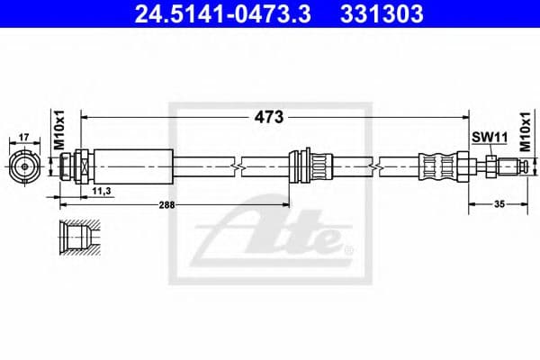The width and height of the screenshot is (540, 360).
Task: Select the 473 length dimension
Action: coord(267,117)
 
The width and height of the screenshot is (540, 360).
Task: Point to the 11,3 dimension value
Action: coord(101,191)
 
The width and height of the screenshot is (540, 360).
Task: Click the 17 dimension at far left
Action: coord(24,139)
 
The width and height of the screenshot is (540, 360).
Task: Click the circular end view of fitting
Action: coord(24,166)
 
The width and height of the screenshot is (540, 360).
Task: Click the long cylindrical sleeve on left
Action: coord(134,166)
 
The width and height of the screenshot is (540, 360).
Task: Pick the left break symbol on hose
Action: coord(237,166)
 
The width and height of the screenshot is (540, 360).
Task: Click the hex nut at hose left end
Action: coord(81,166)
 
